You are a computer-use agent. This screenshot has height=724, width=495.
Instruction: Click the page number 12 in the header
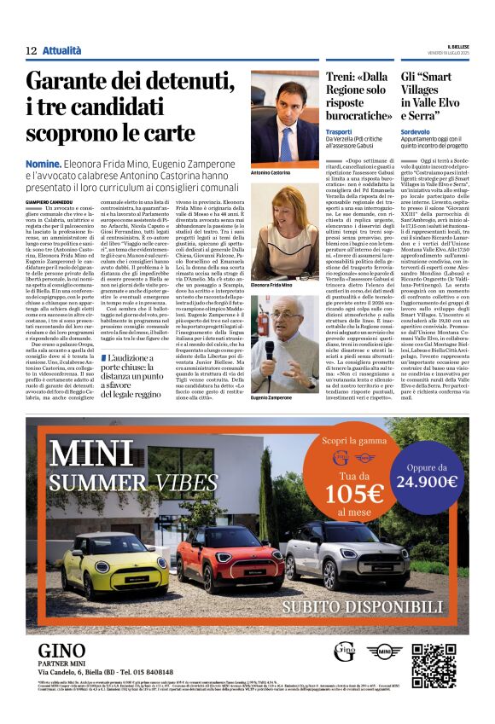[31, 51]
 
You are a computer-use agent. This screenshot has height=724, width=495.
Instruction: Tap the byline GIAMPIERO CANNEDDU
[54, 202]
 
